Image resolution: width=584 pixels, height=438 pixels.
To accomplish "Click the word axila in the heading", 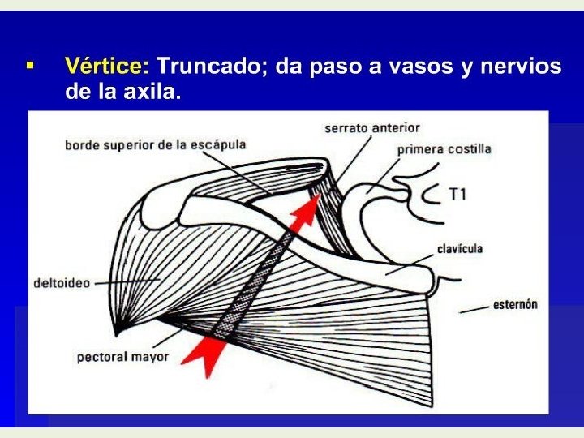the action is click(150, 92).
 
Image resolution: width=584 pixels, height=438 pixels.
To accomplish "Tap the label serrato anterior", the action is click(371, 128).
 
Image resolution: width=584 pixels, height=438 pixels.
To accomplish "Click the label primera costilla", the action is click(444, 150).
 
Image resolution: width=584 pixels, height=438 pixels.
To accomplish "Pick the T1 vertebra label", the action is click(458, 195).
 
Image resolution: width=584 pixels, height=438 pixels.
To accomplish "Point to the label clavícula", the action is click(459, 248).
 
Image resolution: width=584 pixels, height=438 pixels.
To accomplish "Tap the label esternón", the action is click(516, 306).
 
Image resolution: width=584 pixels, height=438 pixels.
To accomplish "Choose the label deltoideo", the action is click(62, 284).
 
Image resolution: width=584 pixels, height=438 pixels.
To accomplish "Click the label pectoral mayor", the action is click(123, 356).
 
